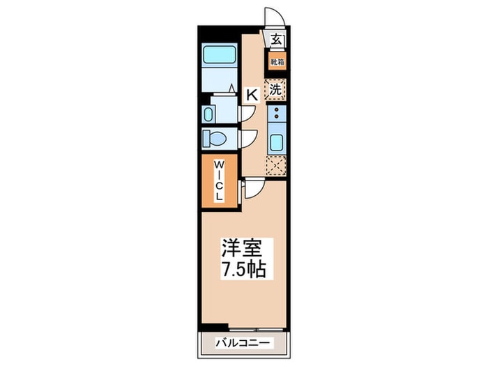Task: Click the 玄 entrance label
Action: pyautogui.click(x=277, y=40)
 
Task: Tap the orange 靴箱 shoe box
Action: pyautogui.click(x=277, y=62)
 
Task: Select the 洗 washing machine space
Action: pyautogui.click(x=276, y=89)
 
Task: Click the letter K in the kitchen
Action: pyautogui.click(x=252, y=94)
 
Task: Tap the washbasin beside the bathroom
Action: pyautogui.click(x=208, y=114)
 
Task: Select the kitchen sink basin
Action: pyautogui.click(x=276, y=143)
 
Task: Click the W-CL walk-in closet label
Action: pyautogui.click(x=219, y=181)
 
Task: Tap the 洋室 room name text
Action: pyautogui.click(x=243, y=247)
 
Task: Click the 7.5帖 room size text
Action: pyautogui.click(x=243, y=269)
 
